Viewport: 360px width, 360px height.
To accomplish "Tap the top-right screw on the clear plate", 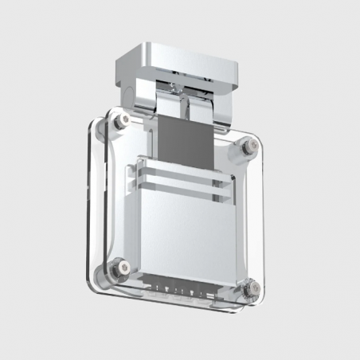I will (249, 145).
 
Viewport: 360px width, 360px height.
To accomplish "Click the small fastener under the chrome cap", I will (174, 83).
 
